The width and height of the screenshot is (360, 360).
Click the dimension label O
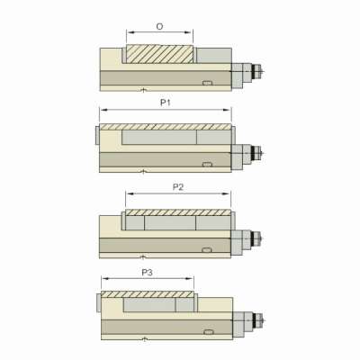pos(159,27)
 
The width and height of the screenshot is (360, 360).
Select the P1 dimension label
pos(166,103)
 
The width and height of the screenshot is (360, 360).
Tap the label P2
pos(177,186)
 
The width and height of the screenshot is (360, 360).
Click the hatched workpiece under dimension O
pos(159,54)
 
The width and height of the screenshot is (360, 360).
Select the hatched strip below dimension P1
pos(166,127)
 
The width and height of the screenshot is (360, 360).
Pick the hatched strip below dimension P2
pos(177,212)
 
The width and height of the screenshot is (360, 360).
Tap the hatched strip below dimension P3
pos(148,295)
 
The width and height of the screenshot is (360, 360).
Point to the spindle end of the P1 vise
pos(258,154)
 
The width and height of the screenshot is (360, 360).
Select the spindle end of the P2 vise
pos(258,238)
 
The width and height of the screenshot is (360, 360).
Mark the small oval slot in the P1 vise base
pos(208,164)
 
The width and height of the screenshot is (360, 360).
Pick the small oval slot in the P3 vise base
pos(208,329)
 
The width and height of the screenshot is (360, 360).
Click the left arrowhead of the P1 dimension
pos(101,111)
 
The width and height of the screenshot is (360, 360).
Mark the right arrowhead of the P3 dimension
pos(193,279)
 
